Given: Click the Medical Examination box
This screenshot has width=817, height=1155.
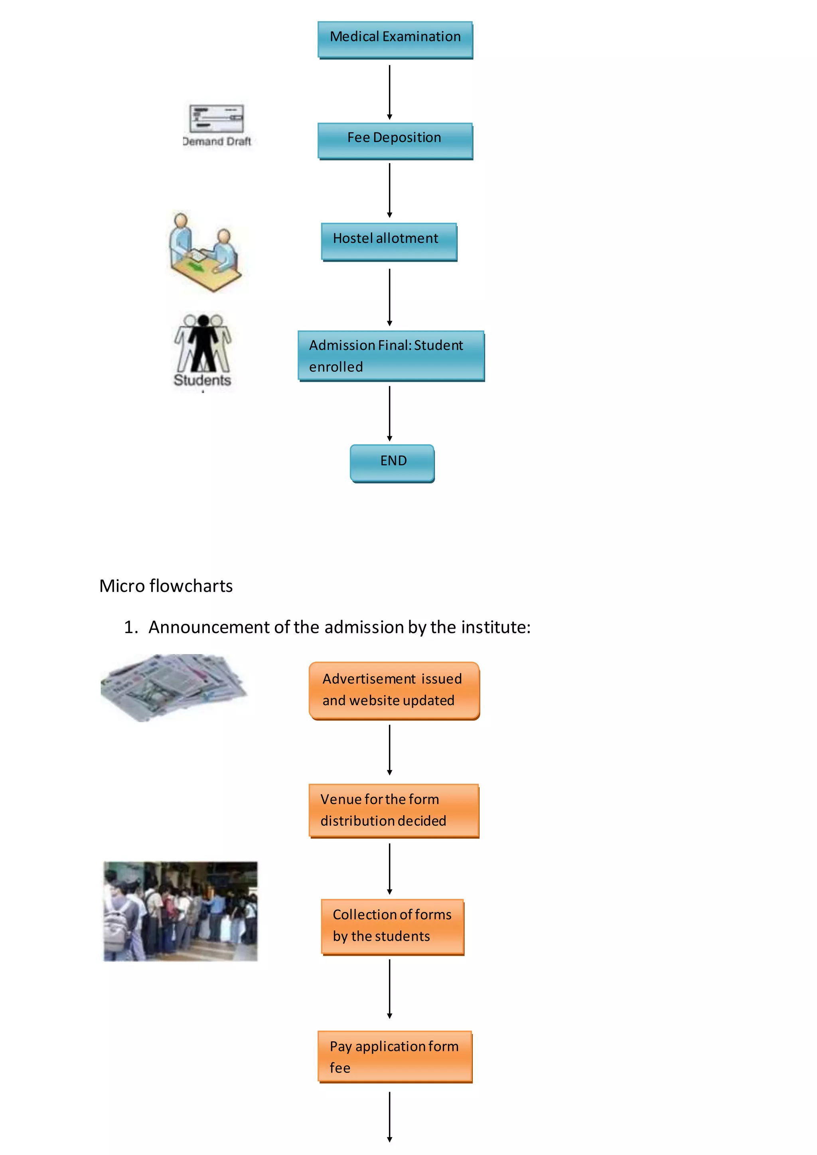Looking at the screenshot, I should [395, 39].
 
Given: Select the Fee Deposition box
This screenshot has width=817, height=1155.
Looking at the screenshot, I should [395, 140].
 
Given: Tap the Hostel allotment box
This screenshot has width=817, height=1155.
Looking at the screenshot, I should [389, 241].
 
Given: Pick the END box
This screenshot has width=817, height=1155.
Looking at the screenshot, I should [392, 463].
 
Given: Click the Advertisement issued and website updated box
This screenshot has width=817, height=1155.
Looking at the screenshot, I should [394, 690].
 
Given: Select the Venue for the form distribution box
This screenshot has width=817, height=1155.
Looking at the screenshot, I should [394, 810].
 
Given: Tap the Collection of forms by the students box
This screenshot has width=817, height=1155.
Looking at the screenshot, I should [393, 926].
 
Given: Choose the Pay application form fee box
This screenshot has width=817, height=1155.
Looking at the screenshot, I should [395, 1056].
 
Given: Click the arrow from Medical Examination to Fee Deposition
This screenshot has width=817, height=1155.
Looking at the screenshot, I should [389, 92].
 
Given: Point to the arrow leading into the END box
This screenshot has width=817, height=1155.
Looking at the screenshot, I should [389, 413].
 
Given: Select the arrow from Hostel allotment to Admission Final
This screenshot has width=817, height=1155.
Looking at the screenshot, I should [389, 297].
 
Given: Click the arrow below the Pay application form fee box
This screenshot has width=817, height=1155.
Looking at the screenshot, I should [389, 1116].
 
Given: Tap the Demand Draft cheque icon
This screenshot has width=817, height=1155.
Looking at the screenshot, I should [216, 119].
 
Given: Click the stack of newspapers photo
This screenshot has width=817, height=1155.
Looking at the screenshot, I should [174, 687].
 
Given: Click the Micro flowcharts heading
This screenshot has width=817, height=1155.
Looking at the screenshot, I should [166, 586].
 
